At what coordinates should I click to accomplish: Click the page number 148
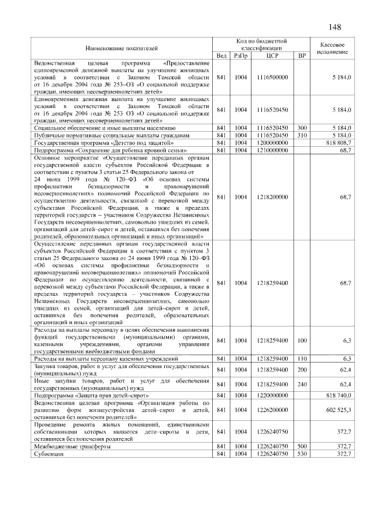[x=334, y=28]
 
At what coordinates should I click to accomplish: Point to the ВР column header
[x=301, y=55]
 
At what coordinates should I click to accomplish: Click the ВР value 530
[x=301, y=454]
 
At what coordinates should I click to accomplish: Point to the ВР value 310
[x=301, y=135]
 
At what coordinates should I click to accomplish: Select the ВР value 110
[x=301, y=359]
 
